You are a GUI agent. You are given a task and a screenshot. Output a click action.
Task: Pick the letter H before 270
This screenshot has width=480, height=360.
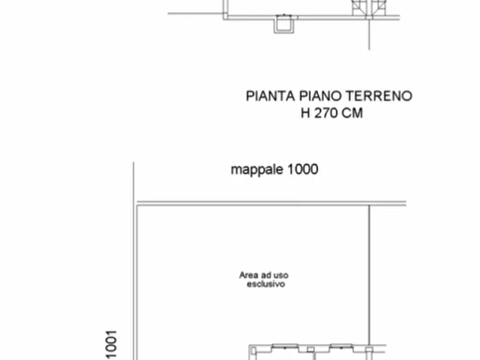coord(306,113)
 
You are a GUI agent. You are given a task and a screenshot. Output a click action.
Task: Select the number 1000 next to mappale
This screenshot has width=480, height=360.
coord(302,169)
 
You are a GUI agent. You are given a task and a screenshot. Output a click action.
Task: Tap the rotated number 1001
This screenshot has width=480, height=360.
coord(110,344)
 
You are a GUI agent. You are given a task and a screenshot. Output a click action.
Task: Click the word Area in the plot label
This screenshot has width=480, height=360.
coord(248,275)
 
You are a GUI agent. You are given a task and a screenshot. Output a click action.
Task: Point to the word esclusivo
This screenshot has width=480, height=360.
coord(266,284)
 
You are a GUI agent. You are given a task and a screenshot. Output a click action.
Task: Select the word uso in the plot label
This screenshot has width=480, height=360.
coord(282,275)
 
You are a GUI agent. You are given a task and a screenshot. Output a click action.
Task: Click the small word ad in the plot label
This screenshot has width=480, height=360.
coord(267,275)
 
